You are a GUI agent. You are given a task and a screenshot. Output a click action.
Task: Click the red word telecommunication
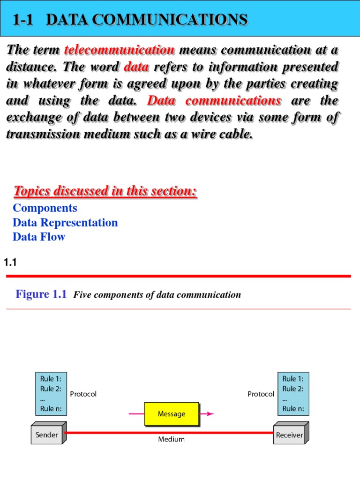tap(119, 50)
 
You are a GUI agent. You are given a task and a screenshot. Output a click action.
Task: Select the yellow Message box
tap(171, 414)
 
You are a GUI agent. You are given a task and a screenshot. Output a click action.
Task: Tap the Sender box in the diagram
tap(47, 435)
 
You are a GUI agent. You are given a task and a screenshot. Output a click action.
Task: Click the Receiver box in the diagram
tap(289, 435)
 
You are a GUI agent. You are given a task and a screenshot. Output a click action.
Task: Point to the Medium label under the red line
tap(171, 440)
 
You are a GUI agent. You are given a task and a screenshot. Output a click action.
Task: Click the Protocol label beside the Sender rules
tap(83, 394)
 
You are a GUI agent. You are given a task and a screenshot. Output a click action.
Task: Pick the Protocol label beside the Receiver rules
tap(261, 394)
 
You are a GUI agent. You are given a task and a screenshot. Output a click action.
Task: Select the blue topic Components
tap(45, 208)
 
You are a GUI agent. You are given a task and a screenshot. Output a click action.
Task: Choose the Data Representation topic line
tap(65, 223)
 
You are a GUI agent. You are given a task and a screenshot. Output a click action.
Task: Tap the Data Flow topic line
tap(39, 237)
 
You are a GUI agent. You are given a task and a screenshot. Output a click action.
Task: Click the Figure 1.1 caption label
tap(41, 294)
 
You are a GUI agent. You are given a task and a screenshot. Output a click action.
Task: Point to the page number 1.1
tap(10, 263)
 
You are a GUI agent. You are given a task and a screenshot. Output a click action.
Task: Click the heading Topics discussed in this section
tap(105, 191)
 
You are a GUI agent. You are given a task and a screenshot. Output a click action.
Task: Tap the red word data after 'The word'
tap(136, 67)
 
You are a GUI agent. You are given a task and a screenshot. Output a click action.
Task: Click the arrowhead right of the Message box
tap(210, 413)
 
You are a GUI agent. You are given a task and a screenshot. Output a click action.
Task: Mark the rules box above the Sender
tap(51, 394)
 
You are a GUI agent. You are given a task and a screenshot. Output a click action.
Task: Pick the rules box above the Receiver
tap(293, 394)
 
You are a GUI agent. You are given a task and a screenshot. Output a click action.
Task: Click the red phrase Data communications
tap(214, 101)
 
